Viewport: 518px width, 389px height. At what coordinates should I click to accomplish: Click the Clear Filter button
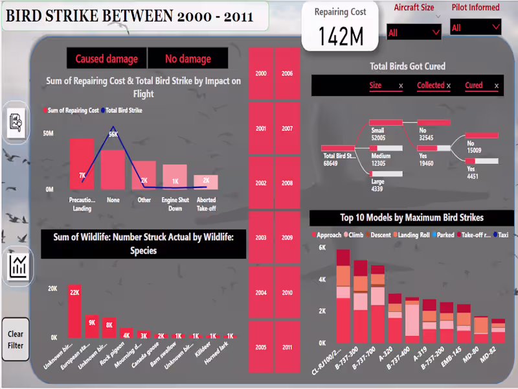[x=16, y=340]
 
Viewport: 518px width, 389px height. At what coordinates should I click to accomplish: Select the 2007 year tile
[x=287, y=128]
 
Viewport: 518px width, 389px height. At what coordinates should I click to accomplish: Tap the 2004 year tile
[x=261, y=293]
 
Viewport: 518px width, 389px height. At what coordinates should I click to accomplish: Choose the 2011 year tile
[x=287, y=348]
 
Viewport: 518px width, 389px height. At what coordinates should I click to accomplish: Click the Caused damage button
[x=107, y=59]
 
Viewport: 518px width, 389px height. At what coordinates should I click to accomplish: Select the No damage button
[x=188, y=59]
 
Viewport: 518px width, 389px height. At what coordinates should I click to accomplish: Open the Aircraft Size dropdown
[x=414, y=32]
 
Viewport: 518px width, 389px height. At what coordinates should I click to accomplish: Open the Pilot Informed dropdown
[x=476, y=27]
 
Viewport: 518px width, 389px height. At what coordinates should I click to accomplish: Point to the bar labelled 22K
[x=74, y=311]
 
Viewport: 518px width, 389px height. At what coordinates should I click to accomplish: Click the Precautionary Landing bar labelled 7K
[x=82, y=163]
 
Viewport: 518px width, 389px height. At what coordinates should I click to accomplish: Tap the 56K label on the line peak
[x=113, y=134]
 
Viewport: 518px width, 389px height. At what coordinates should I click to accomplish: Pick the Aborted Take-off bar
[x=206, y=182]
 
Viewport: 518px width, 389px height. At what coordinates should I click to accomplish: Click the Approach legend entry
[x=326, y=235]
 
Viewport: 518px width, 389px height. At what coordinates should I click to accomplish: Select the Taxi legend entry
[x=501, y=235]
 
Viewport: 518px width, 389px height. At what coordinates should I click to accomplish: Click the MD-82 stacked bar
[x=498, y=331]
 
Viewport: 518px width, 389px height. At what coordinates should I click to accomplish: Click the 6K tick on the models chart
[x=322, y=248]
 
